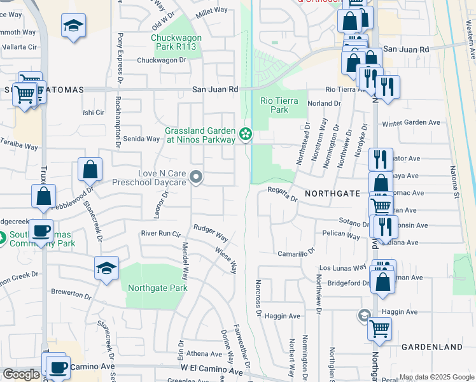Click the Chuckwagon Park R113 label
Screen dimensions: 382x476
coord(176,42)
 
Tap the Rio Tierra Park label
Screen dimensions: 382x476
coord(274,105)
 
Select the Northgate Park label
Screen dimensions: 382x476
coord(157,288)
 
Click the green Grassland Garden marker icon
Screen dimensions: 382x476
coord(246,134)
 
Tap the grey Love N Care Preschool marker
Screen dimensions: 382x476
coord(197,178)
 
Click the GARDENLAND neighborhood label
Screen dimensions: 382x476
coord(431,347)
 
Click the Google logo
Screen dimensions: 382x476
coord(21,374)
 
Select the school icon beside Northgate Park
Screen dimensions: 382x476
coord(106,268)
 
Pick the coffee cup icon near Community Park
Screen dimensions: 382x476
coord(42,230)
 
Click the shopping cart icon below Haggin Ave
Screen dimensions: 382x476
coord(379,329)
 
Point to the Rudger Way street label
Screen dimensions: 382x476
coord(211,232)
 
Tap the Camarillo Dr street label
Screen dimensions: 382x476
coord(297,253)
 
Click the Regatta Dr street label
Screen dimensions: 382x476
coord(283,194)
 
